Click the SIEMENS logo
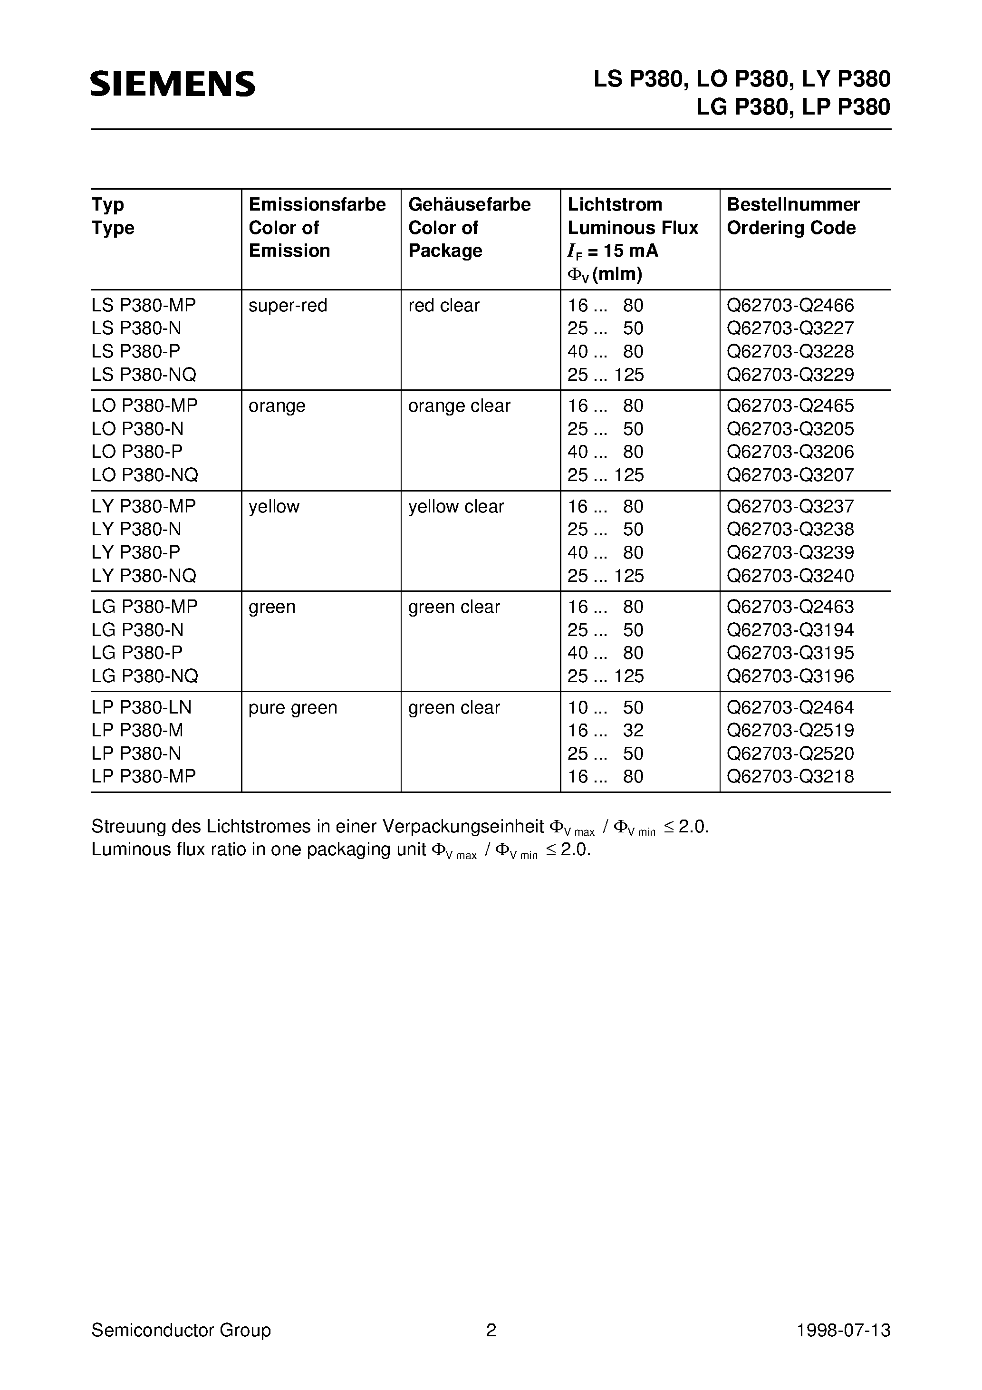click(x=173, y=84)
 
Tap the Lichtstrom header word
click(x=615, y=204)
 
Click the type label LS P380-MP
click(x=144, y=306)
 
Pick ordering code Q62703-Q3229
click(x=790, y=375)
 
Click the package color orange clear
click(x=459, y=405)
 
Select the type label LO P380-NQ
click(x=144, y=475)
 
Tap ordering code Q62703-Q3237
click(x=790, y=506)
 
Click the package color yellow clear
click(x=455, y=506)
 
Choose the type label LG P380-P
click(x=137, y=653)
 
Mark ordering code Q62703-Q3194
click(x=790, y=630)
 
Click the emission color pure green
click(x=292, y=707)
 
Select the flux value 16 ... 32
click(x=605, y=731)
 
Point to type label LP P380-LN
click(x=141, y=707)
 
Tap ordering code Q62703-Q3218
click(x=790, y=776)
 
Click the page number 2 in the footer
click(x=491, y=1330)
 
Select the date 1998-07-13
click(x=843, y=1330)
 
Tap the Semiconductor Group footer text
click(x=181, y=1330)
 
